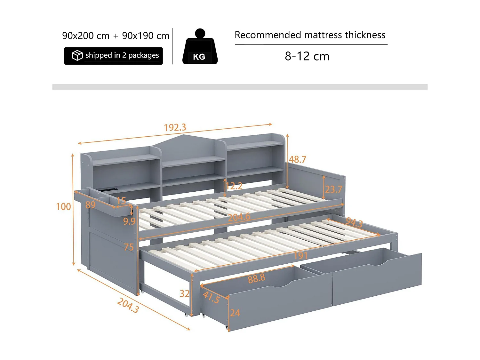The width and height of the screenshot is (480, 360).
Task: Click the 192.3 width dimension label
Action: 175,127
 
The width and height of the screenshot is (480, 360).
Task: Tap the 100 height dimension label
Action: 63,207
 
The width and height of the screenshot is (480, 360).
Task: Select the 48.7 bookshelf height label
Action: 298,159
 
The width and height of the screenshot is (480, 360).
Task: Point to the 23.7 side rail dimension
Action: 333,189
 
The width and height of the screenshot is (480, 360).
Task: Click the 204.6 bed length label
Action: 239,217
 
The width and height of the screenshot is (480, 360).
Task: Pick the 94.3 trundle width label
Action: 354,222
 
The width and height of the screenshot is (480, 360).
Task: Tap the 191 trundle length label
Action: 300,255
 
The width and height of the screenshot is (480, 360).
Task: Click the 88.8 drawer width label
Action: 256,278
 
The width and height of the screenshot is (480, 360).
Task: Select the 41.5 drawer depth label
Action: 211,297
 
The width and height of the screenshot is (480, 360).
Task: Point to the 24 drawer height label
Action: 235,313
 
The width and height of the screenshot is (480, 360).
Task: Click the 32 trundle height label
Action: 185,293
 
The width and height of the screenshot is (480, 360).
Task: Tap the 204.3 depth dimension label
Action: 128,305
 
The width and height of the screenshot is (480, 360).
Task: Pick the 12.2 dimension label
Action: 234,186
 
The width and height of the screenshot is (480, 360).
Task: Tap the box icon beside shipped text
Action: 77,55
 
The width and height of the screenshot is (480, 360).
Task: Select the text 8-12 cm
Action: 307,56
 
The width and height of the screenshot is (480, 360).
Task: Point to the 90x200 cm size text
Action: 86,36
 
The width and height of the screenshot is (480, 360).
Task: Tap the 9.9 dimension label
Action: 129,221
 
